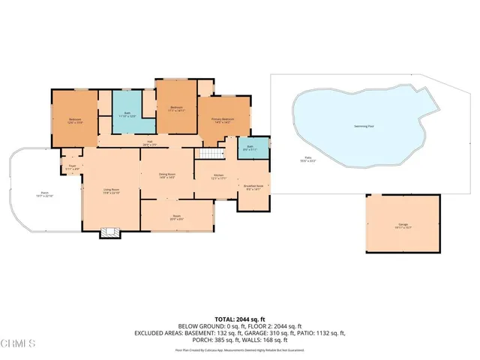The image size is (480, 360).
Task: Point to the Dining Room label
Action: (166, 175)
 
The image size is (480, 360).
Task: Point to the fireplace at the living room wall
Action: (110, 232)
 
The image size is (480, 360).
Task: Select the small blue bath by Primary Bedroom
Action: (250, 148)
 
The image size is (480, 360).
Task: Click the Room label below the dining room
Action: (177, 217)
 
